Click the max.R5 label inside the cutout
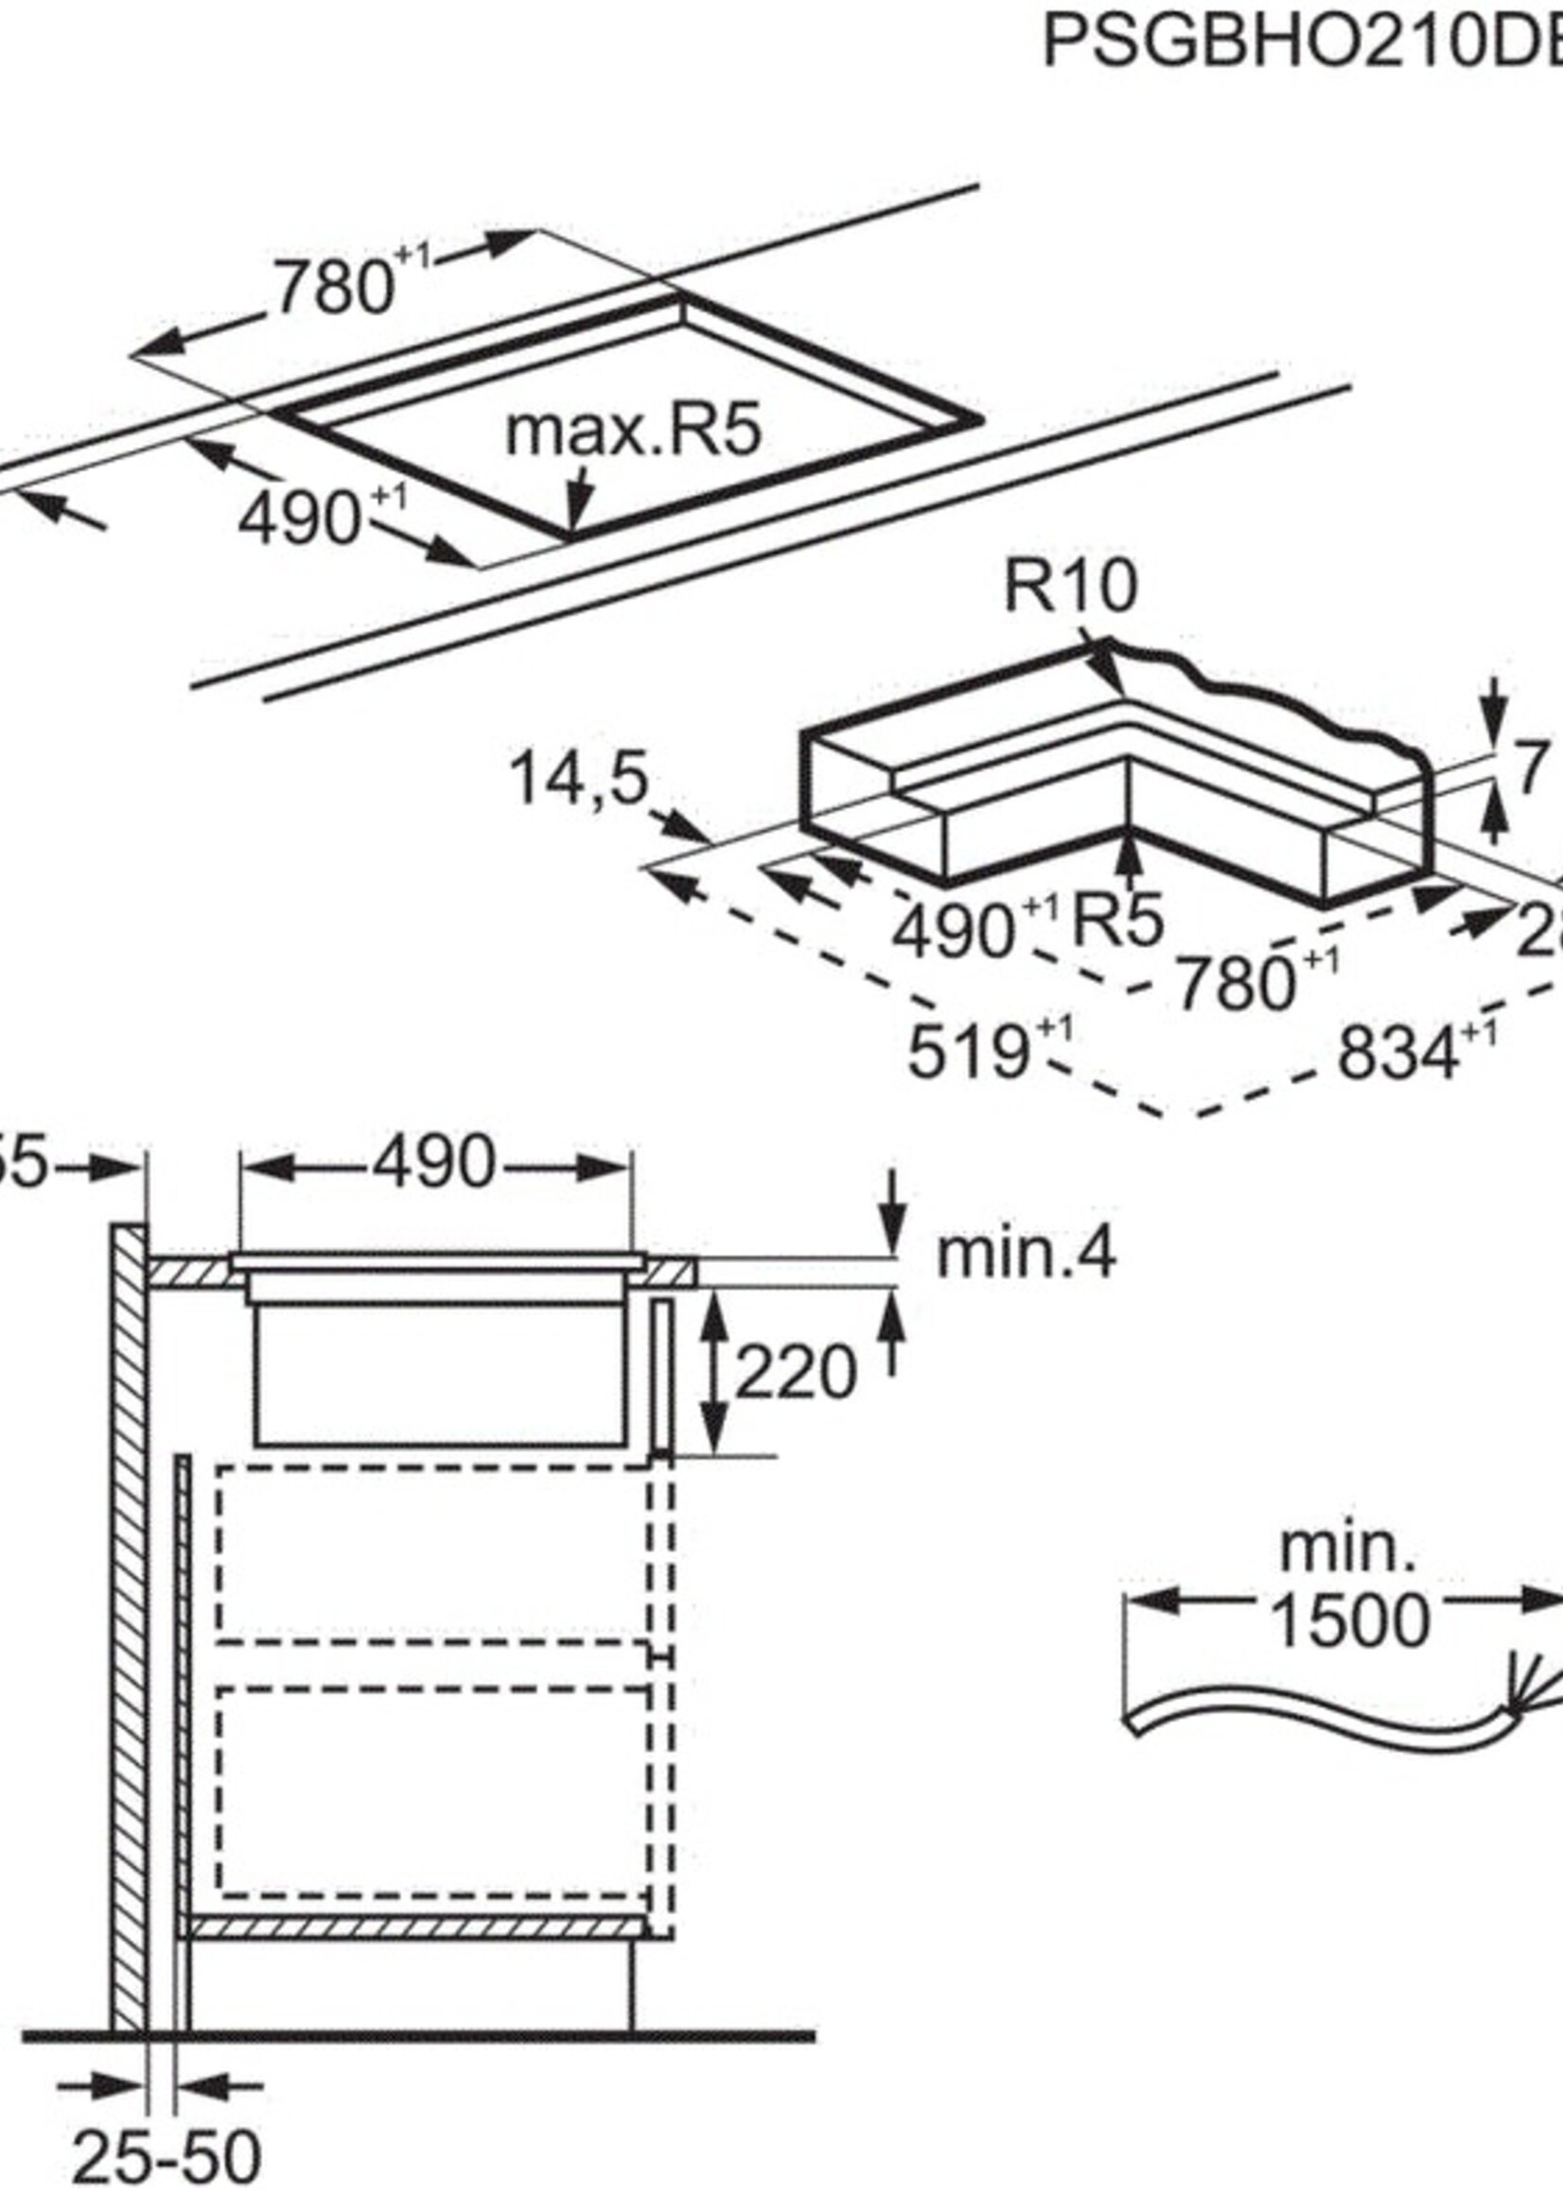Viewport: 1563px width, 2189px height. point(633,431)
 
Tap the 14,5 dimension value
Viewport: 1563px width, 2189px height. point(577,778)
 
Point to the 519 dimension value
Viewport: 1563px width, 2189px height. point(967,1051)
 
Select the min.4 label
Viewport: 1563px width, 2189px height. point(1026,1255)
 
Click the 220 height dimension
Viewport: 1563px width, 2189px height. point(795,1371)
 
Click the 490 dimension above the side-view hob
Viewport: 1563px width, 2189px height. point(434,1163)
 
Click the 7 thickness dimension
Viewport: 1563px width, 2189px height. point(1535,768)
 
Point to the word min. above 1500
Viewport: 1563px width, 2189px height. point(1348,1550)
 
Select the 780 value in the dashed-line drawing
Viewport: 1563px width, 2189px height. point(1236,985)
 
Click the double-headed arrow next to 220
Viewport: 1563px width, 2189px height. point(712,1372)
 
